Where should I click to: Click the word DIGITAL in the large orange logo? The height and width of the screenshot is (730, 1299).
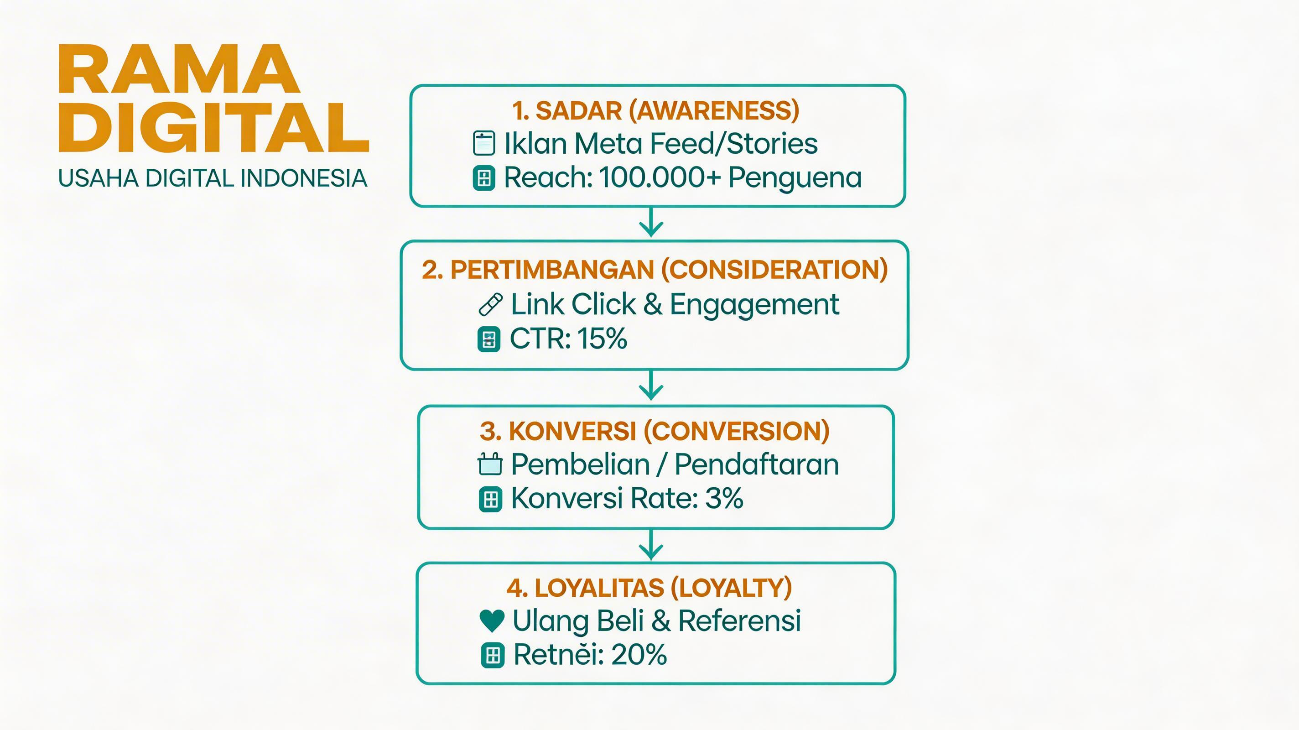coord(214,128)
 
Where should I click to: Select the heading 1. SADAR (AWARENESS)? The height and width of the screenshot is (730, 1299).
coord(655,110)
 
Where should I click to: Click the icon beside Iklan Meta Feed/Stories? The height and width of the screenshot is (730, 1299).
coord(483,143)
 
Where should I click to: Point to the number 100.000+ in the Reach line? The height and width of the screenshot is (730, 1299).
coord(660,177)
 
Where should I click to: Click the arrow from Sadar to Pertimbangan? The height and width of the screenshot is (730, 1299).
coord(651,223)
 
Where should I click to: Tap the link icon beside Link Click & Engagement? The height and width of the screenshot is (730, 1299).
coord(491,304)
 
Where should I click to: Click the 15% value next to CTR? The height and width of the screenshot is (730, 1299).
coord(602,338)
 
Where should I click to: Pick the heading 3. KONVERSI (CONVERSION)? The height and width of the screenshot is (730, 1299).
coord(655,431)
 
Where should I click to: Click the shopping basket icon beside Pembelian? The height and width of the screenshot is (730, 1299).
coord(490,464)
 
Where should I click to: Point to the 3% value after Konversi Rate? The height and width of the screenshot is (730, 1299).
coord(724,498)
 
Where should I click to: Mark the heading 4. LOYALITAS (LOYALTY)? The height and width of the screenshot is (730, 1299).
coord(649,588)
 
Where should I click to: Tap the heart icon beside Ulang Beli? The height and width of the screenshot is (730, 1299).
coord(492,620)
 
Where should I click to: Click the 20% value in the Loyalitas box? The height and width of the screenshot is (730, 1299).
coord(639,655)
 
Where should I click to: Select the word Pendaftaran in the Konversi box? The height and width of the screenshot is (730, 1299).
coord(756,464)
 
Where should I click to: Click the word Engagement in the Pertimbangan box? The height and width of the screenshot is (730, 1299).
coord(754,305)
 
